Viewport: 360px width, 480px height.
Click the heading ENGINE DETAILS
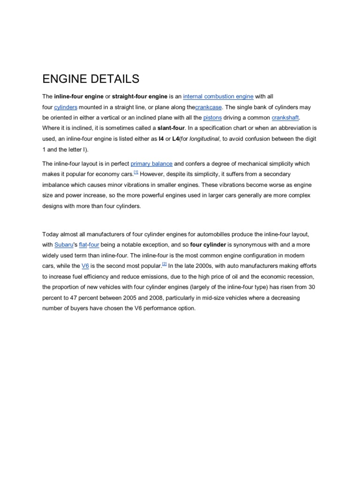click(x=91, y=78)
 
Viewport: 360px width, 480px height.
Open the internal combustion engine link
click(x=218, y=97)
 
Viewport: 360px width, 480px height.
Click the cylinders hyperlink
click(x=66, y=107)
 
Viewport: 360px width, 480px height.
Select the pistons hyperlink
click(x=212, y=117)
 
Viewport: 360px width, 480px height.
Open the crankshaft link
click(x=285, y=117)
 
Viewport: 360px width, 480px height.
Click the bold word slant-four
click(x=172, y=127)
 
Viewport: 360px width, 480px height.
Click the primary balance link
click(x=151, y=164)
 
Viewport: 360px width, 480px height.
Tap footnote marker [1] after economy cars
click(x=136, y=172)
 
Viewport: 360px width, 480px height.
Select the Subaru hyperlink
click(x=64, y=245)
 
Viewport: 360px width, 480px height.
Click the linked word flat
click(x=83, y=245)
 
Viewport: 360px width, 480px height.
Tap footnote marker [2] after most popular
click(x=165, y=264)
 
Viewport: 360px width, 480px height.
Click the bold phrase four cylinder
click(x=208, y=245)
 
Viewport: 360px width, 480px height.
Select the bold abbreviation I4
click(x=162, y=138)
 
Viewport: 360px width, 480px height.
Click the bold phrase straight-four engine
click(x=140, y=97)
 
